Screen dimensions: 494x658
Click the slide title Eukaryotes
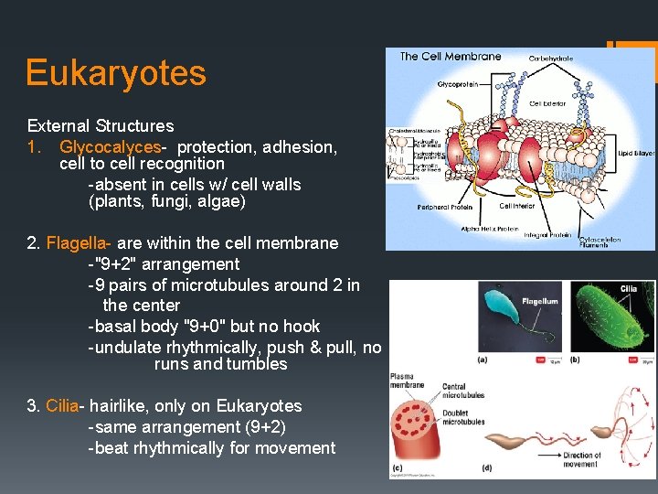(116, 73)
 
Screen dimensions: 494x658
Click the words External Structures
(101, 126)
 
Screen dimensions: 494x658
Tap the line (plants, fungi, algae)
(167, 202)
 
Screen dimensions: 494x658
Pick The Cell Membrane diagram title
(451, 57)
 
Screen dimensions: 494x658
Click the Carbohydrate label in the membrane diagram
(552, 58)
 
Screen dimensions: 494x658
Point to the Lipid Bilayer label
(636, 154)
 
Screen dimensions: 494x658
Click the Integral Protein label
(547, 235)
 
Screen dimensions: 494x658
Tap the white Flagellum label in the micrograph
(539, 301)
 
